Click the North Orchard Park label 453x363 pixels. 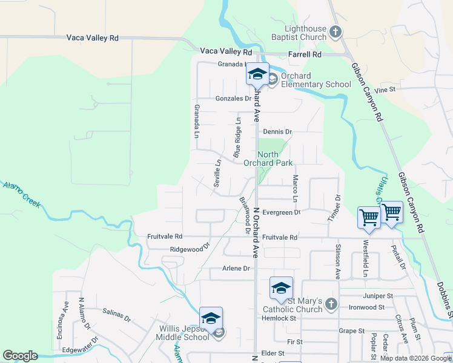coord(268,159)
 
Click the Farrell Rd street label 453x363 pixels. coord(305,54)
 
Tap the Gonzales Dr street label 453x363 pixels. coord(233,99)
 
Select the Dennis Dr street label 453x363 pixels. coord(277,131)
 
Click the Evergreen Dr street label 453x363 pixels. coord(282,212)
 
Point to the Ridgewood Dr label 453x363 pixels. coord(190,248)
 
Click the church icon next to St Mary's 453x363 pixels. coord(331,304)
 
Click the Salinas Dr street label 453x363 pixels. coord(117,314)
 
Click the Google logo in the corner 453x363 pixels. coord(20,356)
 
